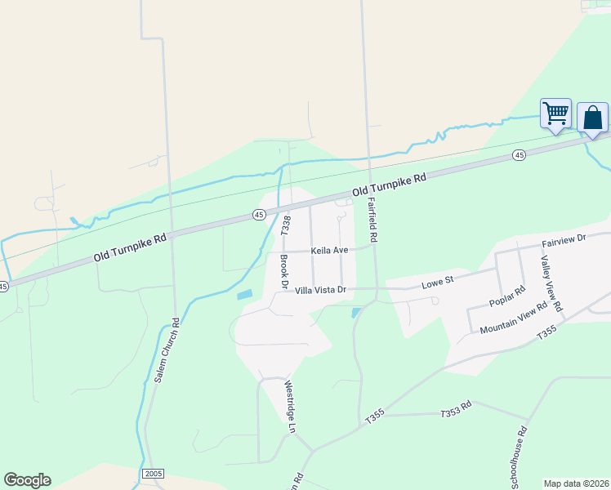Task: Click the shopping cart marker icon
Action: coord(555,114)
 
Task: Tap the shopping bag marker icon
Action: coord(592,118)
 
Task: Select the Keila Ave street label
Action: coord(329,251)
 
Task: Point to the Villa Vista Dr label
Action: coord(321,290)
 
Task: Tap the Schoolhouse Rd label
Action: coord(520,457)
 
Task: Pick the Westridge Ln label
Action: coord(289,406)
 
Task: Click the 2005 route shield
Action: coord(153,474)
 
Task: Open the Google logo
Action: coord(27,480)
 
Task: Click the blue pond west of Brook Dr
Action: coord(245,294)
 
